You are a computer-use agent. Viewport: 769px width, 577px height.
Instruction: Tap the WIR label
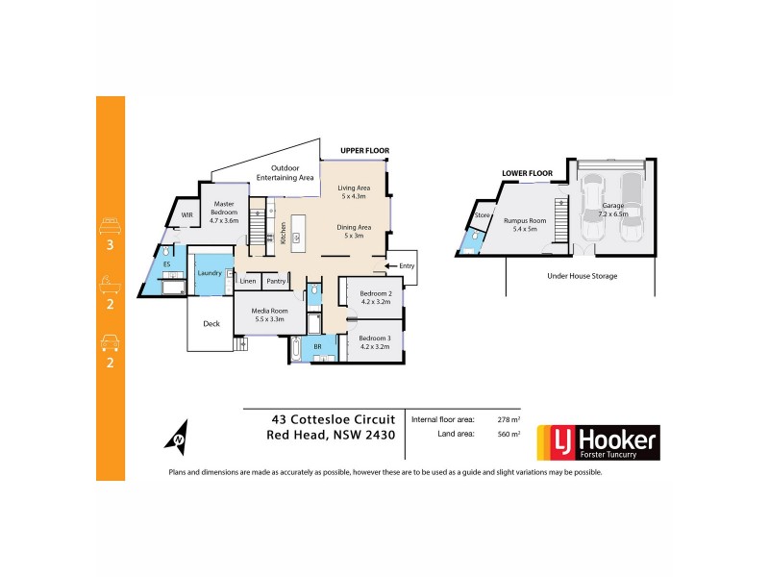pyautogui.click(x=187, y=215)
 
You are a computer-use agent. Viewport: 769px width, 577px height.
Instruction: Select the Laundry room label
pyautogui.click(x=210, y=273)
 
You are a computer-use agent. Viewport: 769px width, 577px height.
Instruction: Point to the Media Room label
pyautogui.click(x=269, y=314)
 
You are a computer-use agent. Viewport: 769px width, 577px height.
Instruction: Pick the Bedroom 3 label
pyautogui.click(x=374, y=341)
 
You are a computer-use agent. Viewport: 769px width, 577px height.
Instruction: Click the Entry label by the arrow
pyautogui.click(x=408, y=265)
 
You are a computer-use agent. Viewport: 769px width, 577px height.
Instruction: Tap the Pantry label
pyautogui.click(x=276, y=282)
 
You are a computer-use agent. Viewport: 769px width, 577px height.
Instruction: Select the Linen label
pyautogui.click(x=248, y=282)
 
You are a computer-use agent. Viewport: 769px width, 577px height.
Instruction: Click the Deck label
pyautogui.click(x=211, y=324)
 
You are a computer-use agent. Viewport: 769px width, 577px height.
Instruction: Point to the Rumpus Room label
pyautogui.click(x=523, y=225)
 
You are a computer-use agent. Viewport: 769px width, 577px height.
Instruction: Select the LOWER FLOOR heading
pyautogui.click(x=527, y=173)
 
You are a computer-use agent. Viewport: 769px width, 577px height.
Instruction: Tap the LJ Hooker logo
pyautogui.click(x=597, y=443)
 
